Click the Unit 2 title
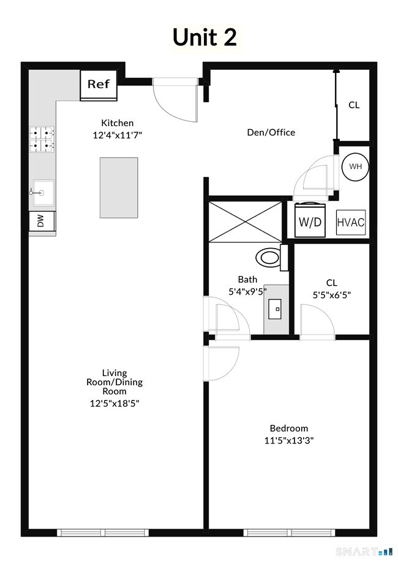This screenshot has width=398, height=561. coord(205,37)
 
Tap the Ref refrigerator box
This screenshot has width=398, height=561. coord(99,85)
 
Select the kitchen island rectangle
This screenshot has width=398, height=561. coord(119,187)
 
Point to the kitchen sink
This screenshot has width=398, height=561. coord(42,193)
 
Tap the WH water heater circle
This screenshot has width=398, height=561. coord(355,167)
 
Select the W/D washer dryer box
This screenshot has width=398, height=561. coord(310,220)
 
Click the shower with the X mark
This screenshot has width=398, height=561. coord(246,220)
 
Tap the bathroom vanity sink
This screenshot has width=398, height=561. coord(277,309)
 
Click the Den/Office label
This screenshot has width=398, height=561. coord(271,132)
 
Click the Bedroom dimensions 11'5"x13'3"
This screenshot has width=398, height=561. coord(289,440)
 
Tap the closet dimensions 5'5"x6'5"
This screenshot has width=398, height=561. coord(331,294)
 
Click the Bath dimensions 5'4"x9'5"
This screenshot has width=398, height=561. coord(247,292)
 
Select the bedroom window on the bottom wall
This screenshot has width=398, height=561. coord(290,532)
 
